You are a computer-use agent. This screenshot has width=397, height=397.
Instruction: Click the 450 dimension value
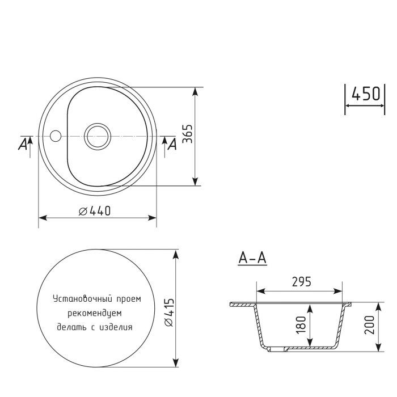[x=365, y=94]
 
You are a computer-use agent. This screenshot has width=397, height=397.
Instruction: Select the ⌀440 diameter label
[x=94, y=211]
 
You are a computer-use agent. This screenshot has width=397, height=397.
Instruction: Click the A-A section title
[x=252, y=258]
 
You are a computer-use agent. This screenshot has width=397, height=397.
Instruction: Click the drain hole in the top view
[x=96, y=136]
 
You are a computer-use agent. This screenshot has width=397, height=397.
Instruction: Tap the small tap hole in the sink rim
[x=55, y=136]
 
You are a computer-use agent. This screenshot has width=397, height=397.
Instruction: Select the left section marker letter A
[x=23, y=145]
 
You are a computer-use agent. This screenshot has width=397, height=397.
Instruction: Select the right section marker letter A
[x=172, y=145]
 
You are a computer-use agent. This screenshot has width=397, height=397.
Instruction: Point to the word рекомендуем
[x=94, y=312]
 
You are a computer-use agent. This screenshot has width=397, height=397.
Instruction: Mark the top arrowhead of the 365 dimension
[x=196, y=91]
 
